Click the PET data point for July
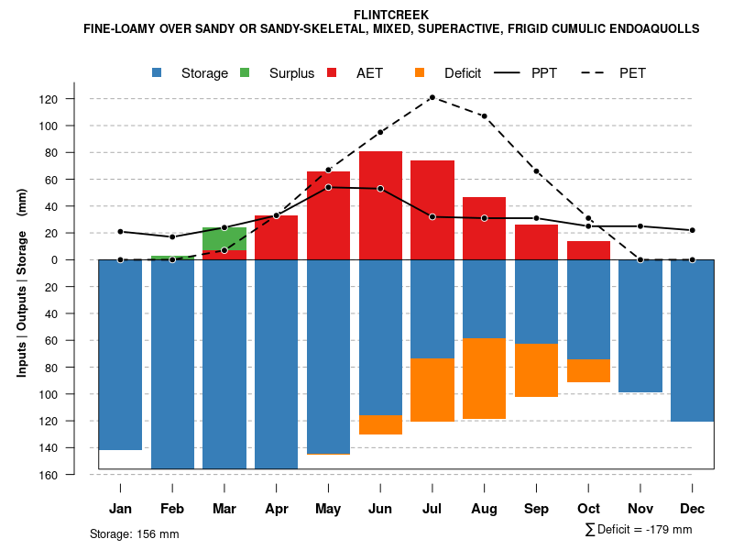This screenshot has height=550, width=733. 432,97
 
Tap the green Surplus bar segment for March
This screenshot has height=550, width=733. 224,238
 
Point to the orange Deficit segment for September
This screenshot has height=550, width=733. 536,370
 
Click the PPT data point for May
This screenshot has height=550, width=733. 328,187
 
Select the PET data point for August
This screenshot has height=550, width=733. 484,116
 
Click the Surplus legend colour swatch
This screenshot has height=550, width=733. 245,72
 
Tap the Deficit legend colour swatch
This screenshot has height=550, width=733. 420,72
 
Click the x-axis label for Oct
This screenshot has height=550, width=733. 588,509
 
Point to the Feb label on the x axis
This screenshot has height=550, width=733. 172,509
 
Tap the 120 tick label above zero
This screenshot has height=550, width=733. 75,99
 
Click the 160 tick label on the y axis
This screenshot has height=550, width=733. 75,475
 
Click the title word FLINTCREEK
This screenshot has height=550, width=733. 391,15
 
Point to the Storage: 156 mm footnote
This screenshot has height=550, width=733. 134,533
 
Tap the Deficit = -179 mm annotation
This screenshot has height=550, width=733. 639,530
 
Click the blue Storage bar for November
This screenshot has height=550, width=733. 640,326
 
